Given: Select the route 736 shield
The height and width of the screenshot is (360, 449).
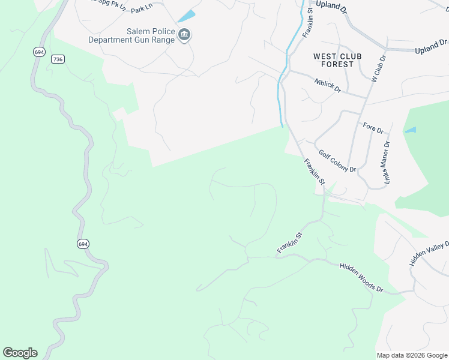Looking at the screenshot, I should [x=58, y=59].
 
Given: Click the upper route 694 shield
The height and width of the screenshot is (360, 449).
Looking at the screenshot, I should [x=39, y=52].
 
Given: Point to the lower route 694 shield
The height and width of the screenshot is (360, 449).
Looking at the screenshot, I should [x=83, y=244].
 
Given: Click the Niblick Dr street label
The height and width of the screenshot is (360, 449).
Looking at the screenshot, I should [x=328, y=85].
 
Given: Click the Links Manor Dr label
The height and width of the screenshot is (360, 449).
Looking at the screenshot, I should [x=386, y=163].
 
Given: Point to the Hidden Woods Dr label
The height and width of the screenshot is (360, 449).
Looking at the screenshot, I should [x=361, y=278].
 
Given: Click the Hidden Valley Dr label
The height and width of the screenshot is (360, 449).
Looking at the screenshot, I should [x=430, y=253].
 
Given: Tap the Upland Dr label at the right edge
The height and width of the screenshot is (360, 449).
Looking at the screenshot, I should [x=431, y=46].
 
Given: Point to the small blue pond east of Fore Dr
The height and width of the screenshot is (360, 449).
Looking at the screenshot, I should [x=411, y=130].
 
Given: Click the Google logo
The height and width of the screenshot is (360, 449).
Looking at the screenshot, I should [x=20, y=353].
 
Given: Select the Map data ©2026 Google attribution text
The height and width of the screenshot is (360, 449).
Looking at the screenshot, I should [x=411, y=355].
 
